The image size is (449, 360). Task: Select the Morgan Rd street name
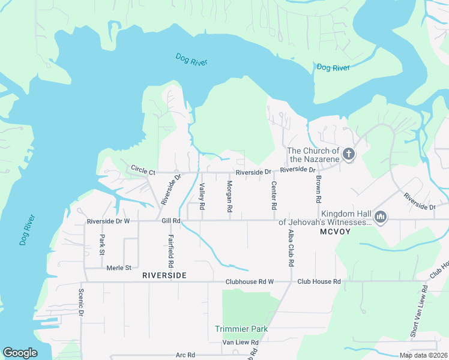[230, 196]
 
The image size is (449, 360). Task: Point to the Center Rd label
[274, 195]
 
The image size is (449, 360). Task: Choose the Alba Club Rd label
[291, 247]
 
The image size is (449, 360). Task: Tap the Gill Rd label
[171, 221]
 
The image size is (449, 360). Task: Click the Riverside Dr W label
[108, 221]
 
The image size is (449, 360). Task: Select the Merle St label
[119, 268]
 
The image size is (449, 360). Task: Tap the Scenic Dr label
[81, 303]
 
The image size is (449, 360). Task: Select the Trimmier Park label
[241, 329]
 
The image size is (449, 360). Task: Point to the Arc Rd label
[185, 355]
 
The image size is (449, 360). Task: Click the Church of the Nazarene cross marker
[349, 155]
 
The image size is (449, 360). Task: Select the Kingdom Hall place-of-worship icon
[380, 215]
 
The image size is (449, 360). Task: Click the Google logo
[20, 353]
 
